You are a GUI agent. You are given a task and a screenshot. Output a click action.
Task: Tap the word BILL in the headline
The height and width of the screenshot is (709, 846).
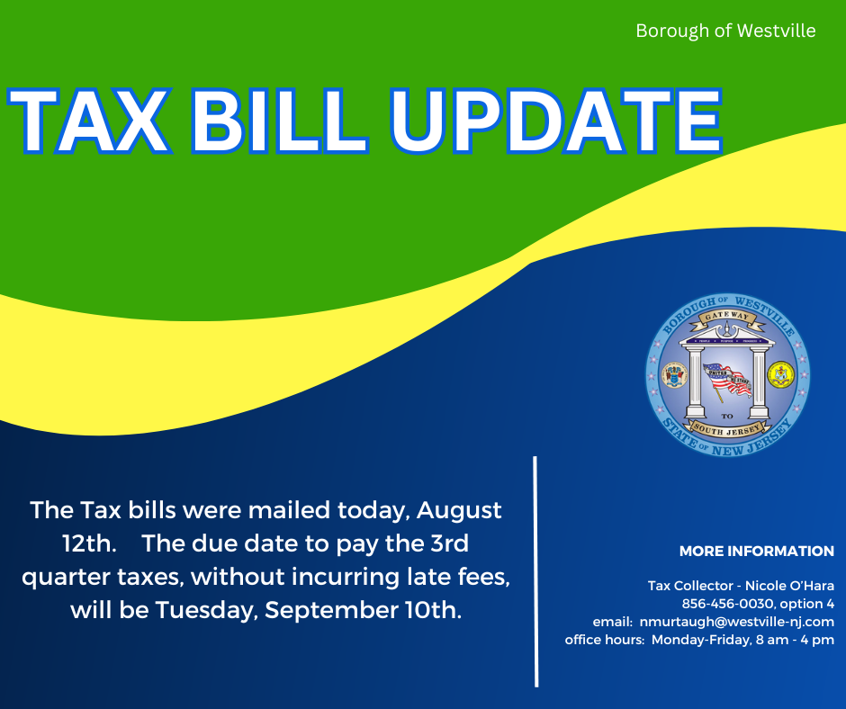(x=279, y=121)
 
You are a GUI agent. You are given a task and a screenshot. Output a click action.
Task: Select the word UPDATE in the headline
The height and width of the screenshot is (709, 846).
(x=555, y=121)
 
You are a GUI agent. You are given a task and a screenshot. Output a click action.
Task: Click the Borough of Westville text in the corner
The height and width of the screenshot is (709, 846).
(x=725, y=31)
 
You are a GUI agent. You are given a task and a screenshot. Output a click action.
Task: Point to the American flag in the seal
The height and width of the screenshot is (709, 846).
(x=727, y=380)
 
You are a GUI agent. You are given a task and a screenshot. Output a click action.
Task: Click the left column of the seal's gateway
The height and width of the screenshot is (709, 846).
(x=695, y=382)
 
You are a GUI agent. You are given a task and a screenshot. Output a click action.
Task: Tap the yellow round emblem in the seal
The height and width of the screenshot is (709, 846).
(x=780, y=374)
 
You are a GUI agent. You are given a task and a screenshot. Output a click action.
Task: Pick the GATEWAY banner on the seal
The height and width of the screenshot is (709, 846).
(x=727, y=318)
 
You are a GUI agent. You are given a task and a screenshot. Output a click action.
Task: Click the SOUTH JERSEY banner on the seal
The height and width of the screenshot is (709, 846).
(x=727, y=429)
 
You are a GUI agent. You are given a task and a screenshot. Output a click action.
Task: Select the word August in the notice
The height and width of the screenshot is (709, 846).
(x=459, y=510)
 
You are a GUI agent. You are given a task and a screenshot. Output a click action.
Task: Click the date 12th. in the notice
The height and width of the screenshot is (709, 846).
(x=89, y=543)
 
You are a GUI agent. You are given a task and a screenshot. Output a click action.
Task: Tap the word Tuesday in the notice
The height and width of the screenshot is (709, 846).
(x=207, y=611)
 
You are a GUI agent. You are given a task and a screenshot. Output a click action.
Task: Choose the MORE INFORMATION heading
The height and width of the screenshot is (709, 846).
(x=756, y=551)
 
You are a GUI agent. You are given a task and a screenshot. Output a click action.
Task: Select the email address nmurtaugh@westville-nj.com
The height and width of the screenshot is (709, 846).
(x=736, y=622)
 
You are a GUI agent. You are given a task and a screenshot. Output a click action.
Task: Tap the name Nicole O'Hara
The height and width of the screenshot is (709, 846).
(x=789, y=586)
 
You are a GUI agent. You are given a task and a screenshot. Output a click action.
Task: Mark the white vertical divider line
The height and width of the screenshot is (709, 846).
(x=535, y=571)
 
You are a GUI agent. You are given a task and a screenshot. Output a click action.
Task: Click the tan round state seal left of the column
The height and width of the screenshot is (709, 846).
(x=673, y=374)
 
